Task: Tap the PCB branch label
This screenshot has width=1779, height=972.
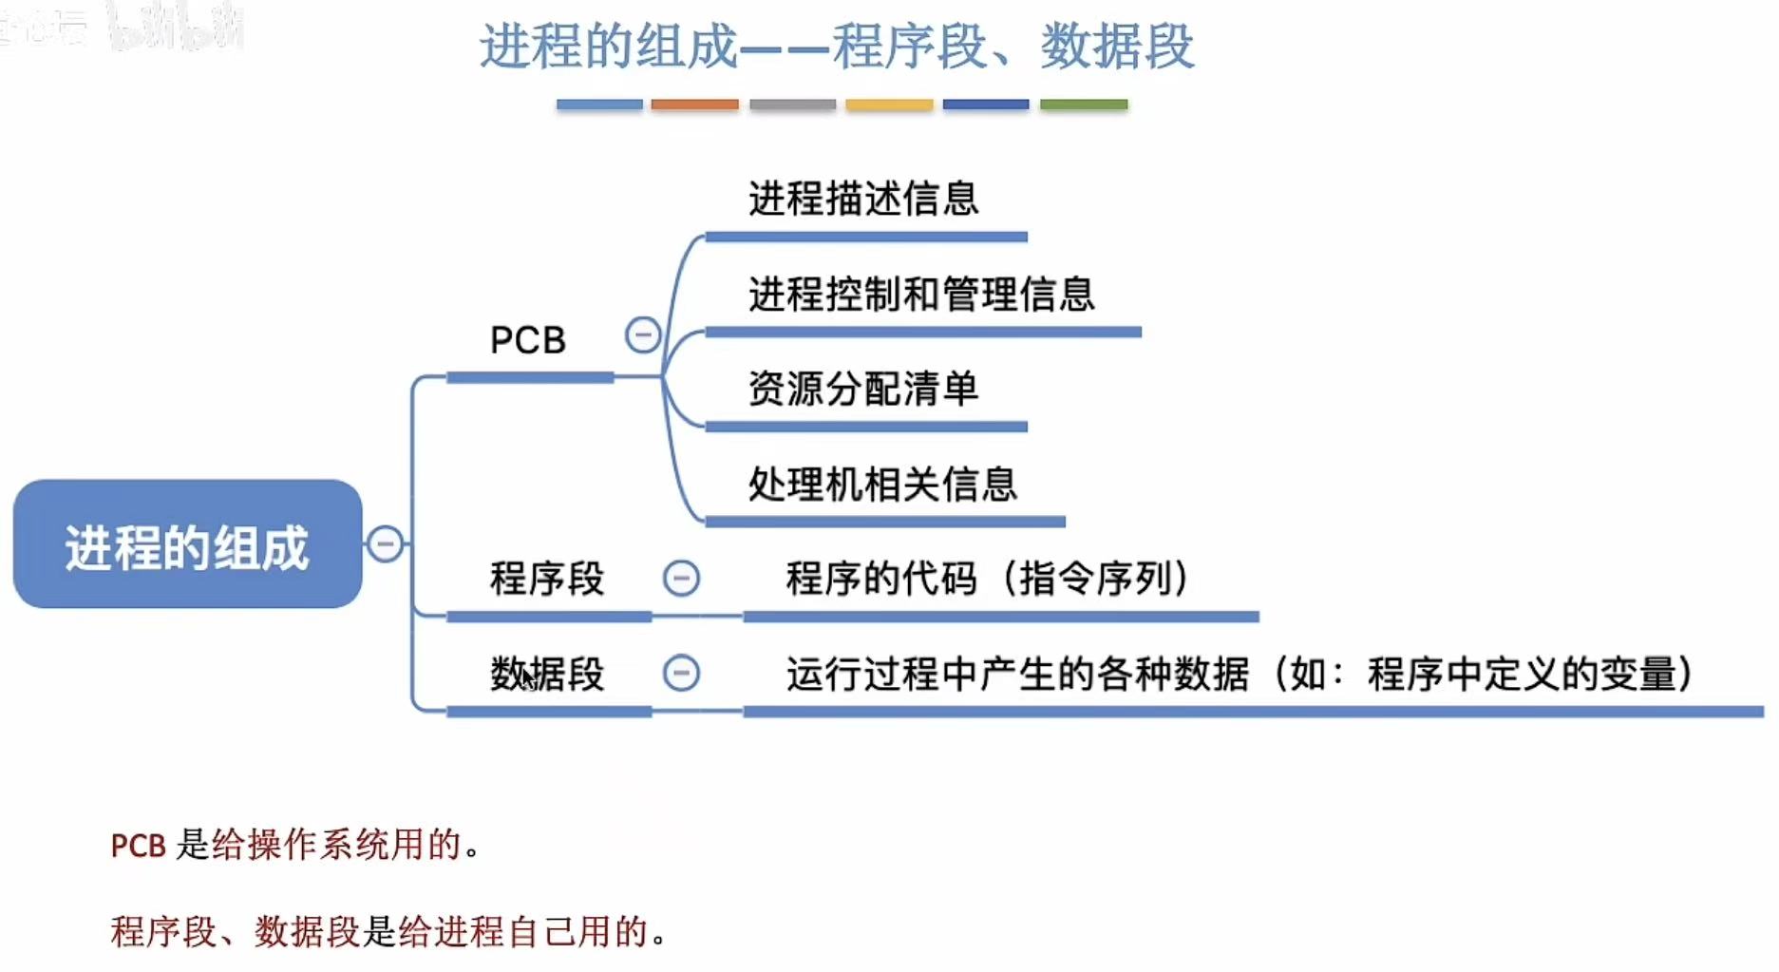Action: click(528, 340)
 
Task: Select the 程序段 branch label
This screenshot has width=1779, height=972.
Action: click(547, 578)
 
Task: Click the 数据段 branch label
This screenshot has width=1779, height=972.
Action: click(547, 674)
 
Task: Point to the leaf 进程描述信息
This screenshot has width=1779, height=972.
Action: click(862, 199)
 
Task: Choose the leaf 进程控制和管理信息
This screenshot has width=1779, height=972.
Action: click(921, 294)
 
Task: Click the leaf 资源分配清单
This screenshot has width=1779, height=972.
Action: click(862, 389)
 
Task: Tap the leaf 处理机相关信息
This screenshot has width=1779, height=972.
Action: click(881, 484)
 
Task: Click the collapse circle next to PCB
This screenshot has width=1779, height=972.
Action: click(643, 334)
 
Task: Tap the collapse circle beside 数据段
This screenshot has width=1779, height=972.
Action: click(681, 673)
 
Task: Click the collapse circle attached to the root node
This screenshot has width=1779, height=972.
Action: click(385, 543)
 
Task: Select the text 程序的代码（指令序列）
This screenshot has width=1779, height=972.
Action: click(988, 578)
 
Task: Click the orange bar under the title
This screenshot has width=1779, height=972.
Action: click(694, 105)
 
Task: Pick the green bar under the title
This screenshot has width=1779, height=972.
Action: click(1084, 105)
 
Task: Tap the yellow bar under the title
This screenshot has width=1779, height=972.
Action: click(889, 105)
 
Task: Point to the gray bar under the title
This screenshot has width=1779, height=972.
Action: click(792, 105)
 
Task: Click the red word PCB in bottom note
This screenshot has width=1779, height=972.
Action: click(138, 845)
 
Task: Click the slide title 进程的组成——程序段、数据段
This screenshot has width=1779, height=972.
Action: click(836, 46)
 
